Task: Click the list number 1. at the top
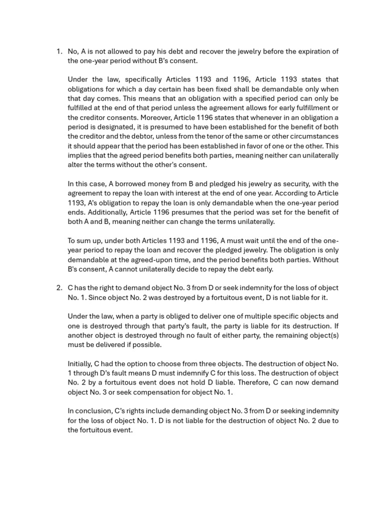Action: (58, 51)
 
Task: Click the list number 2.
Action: (58, 288)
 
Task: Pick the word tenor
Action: (240, 136)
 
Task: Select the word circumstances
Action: (316, 136)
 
